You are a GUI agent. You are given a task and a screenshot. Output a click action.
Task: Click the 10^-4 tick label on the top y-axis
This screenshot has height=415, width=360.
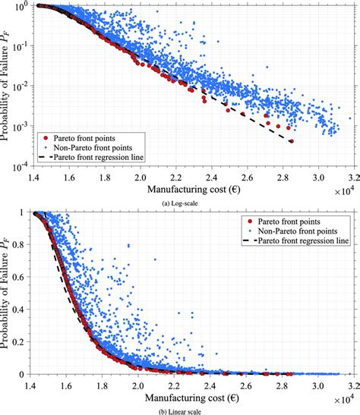coord(23,164)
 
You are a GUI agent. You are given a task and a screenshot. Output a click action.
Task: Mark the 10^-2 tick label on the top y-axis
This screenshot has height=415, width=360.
coord(23,85)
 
